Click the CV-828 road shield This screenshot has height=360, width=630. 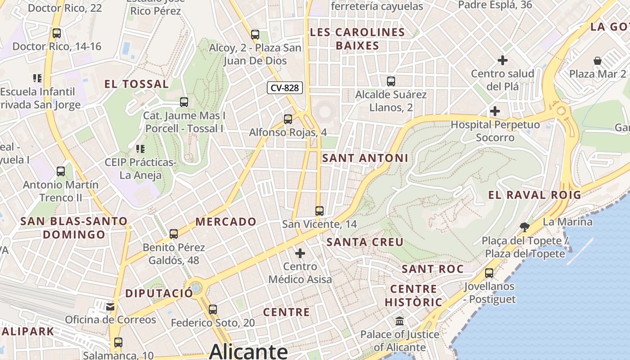point(284,88)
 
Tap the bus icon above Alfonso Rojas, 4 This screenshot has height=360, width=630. point(288,119)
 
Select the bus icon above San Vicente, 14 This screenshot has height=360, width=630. point(319,211)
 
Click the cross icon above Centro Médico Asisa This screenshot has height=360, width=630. point(300,253)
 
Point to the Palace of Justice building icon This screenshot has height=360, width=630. point(400,321)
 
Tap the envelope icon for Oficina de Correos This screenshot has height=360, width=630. point(110,307)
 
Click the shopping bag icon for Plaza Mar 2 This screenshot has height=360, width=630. point(598,60)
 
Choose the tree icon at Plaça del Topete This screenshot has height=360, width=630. point(524,227)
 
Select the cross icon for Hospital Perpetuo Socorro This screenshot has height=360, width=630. point(495,111)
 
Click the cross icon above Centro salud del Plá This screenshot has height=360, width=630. point(503,60)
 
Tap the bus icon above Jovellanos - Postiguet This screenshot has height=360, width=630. point(489,273)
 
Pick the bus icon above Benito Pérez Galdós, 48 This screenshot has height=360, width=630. point(174,234)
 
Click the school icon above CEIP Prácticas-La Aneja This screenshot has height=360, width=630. point(140,148)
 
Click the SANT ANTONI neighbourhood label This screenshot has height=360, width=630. point(365,158)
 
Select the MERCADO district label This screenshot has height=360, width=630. point(226,221)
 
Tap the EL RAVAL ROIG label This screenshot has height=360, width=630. point(535,195)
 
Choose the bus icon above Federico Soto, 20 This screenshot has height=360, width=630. point(213,310)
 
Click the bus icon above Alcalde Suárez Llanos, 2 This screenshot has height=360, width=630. point(391,81)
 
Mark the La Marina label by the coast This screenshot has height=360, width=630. point(567,222)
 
